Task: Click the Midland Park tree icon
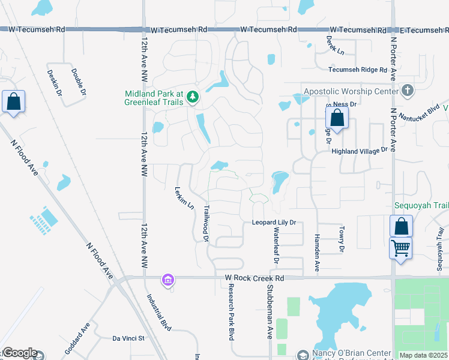[192, 97]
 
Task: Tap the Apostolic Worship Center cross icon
[408, 91]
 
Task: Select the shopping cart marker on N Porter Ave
[400, 247]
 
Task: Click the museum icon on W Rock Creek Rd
[167, 280]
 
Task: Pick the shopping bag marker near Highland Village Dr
[337, 118]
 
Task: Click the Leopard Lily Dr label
[274, 223]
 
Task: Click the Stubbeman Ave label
[270, 312]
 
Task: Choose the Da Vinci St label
[128, 338]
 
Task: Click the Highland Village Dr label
[360, 152]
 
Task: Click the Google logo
[20, 353]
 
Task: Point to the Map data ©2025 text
[424, 355]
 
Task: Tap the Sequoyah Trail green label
[421, 205]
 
